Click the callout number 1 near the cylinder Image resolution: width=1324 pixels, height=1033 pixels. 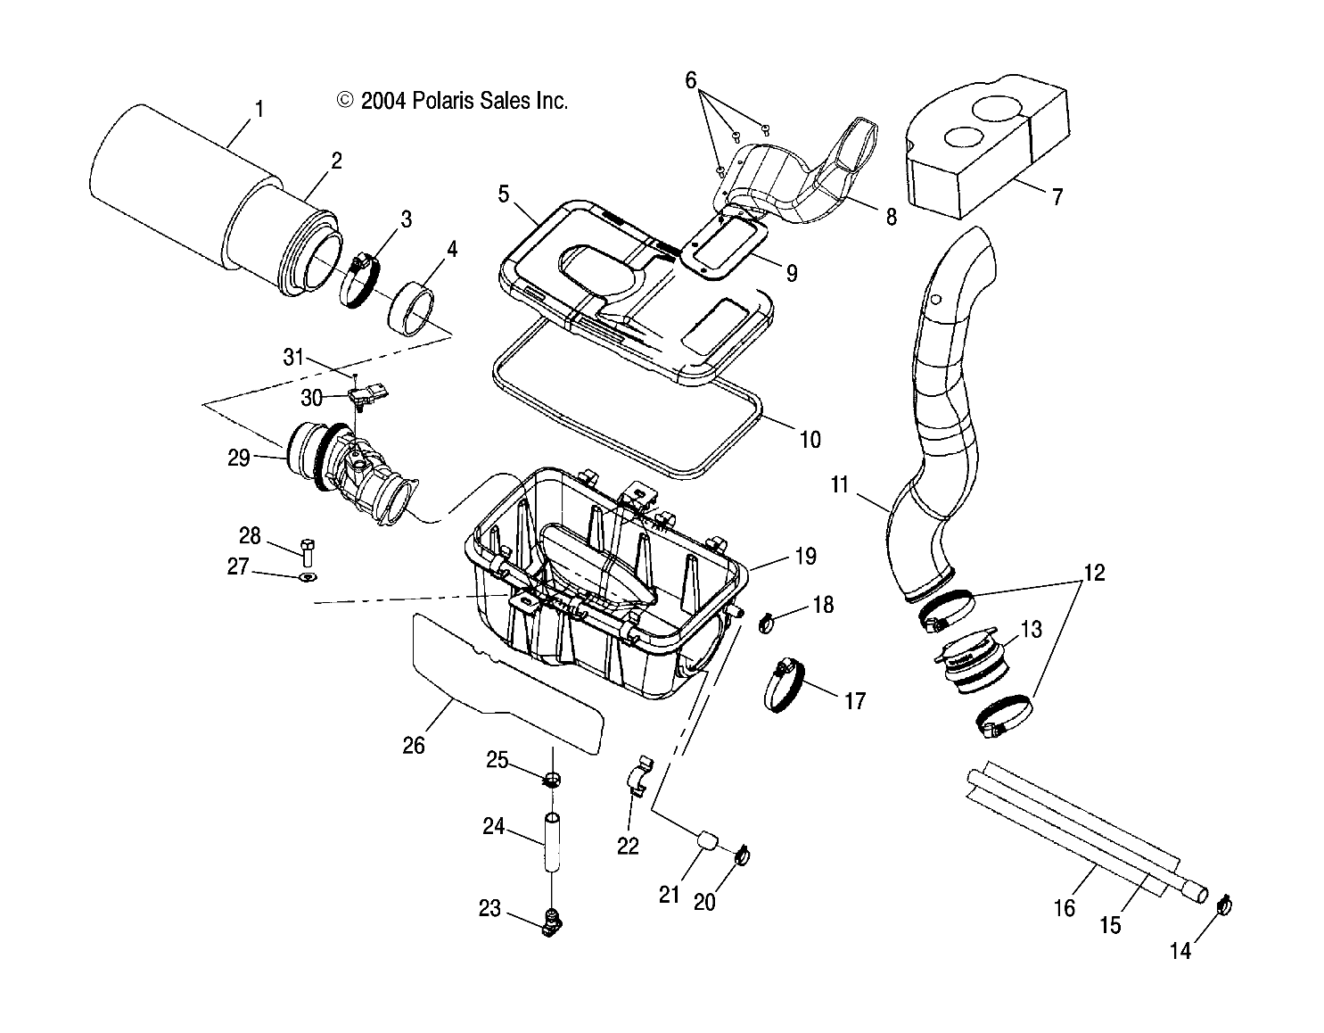click(x=259, y=110)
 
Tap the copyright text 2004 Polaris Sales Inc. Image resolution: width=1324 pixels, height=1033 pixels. click(x=452, y=101)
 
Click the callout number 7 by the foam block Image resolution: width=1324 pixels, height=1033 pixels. click(x=1057, y=196)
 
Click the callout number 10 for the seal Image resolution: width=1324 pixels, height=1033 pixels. click(x=810, y=440)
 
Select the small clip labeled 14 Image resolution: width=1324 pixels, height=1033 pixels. click(x=1224, y=906)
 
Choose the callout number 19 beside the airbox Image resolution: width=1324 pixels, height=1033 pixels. click(x=804, y=557)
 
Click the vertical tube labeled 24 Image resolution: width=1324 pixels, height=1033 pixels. click(x=553, y=841)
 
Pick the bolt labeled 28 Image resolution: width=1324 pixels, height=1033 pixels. click(x=308, y=551)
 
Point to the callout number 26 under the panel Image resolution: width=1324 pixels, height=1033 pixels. click(x=413, y=745)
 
